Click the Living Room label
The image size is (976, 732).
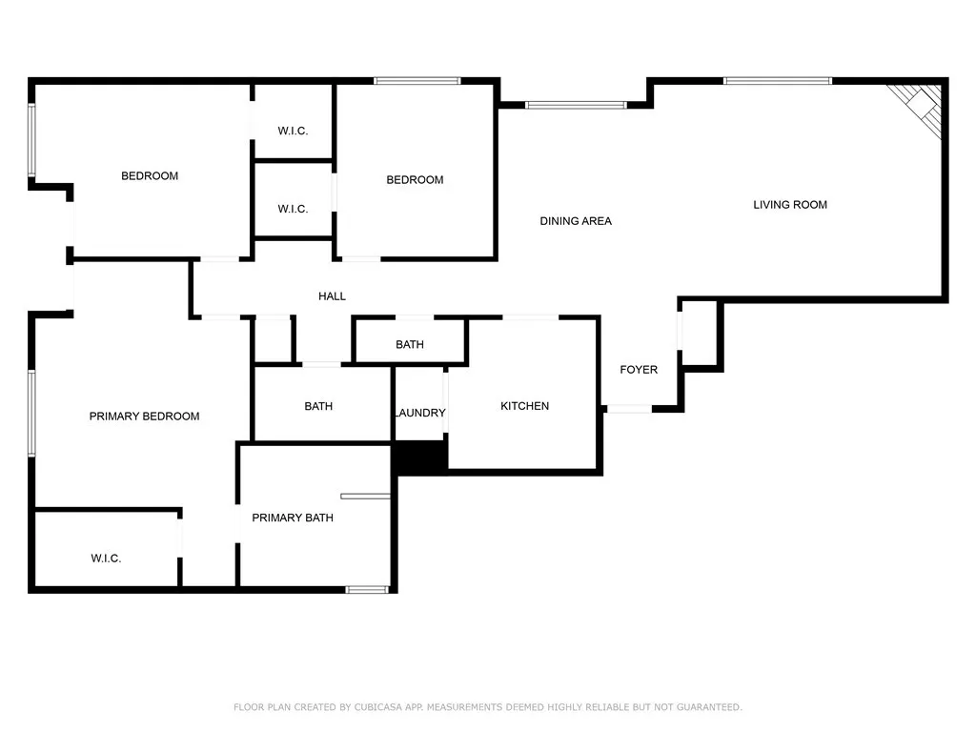click(790, 204)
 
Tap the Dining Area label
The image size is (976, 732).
click(576, 221)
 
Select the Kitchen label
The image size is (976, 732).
click(524, 406)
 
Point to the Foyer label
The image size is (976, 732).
click(639, 370)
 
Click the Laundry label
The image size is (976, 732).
click(419, 413)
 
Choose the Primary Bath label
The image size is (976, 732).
click(293, 518)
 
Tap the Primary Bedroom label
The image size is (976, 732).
click(144, 417)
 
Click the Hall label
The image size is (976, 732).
click(332, 296)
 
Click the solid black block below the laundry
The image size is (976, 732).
click(420, 457)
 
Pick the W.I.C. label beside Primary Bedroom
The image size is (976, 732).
click(106, 559)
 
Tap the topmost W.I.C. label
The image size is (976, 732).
click(293, 131)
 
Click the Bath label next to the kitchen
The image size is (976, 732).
click(410, 344)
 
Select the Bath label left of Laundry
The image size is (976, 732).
click(318, 406)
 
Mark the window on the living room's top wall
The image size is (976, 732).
click(778, 81)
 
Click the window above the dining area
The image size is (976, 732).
click(576, 105)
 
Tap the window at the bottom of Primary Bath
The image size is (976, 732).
click(366, 590)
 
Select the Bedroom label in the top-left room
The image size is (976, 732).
click(150, 176)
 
